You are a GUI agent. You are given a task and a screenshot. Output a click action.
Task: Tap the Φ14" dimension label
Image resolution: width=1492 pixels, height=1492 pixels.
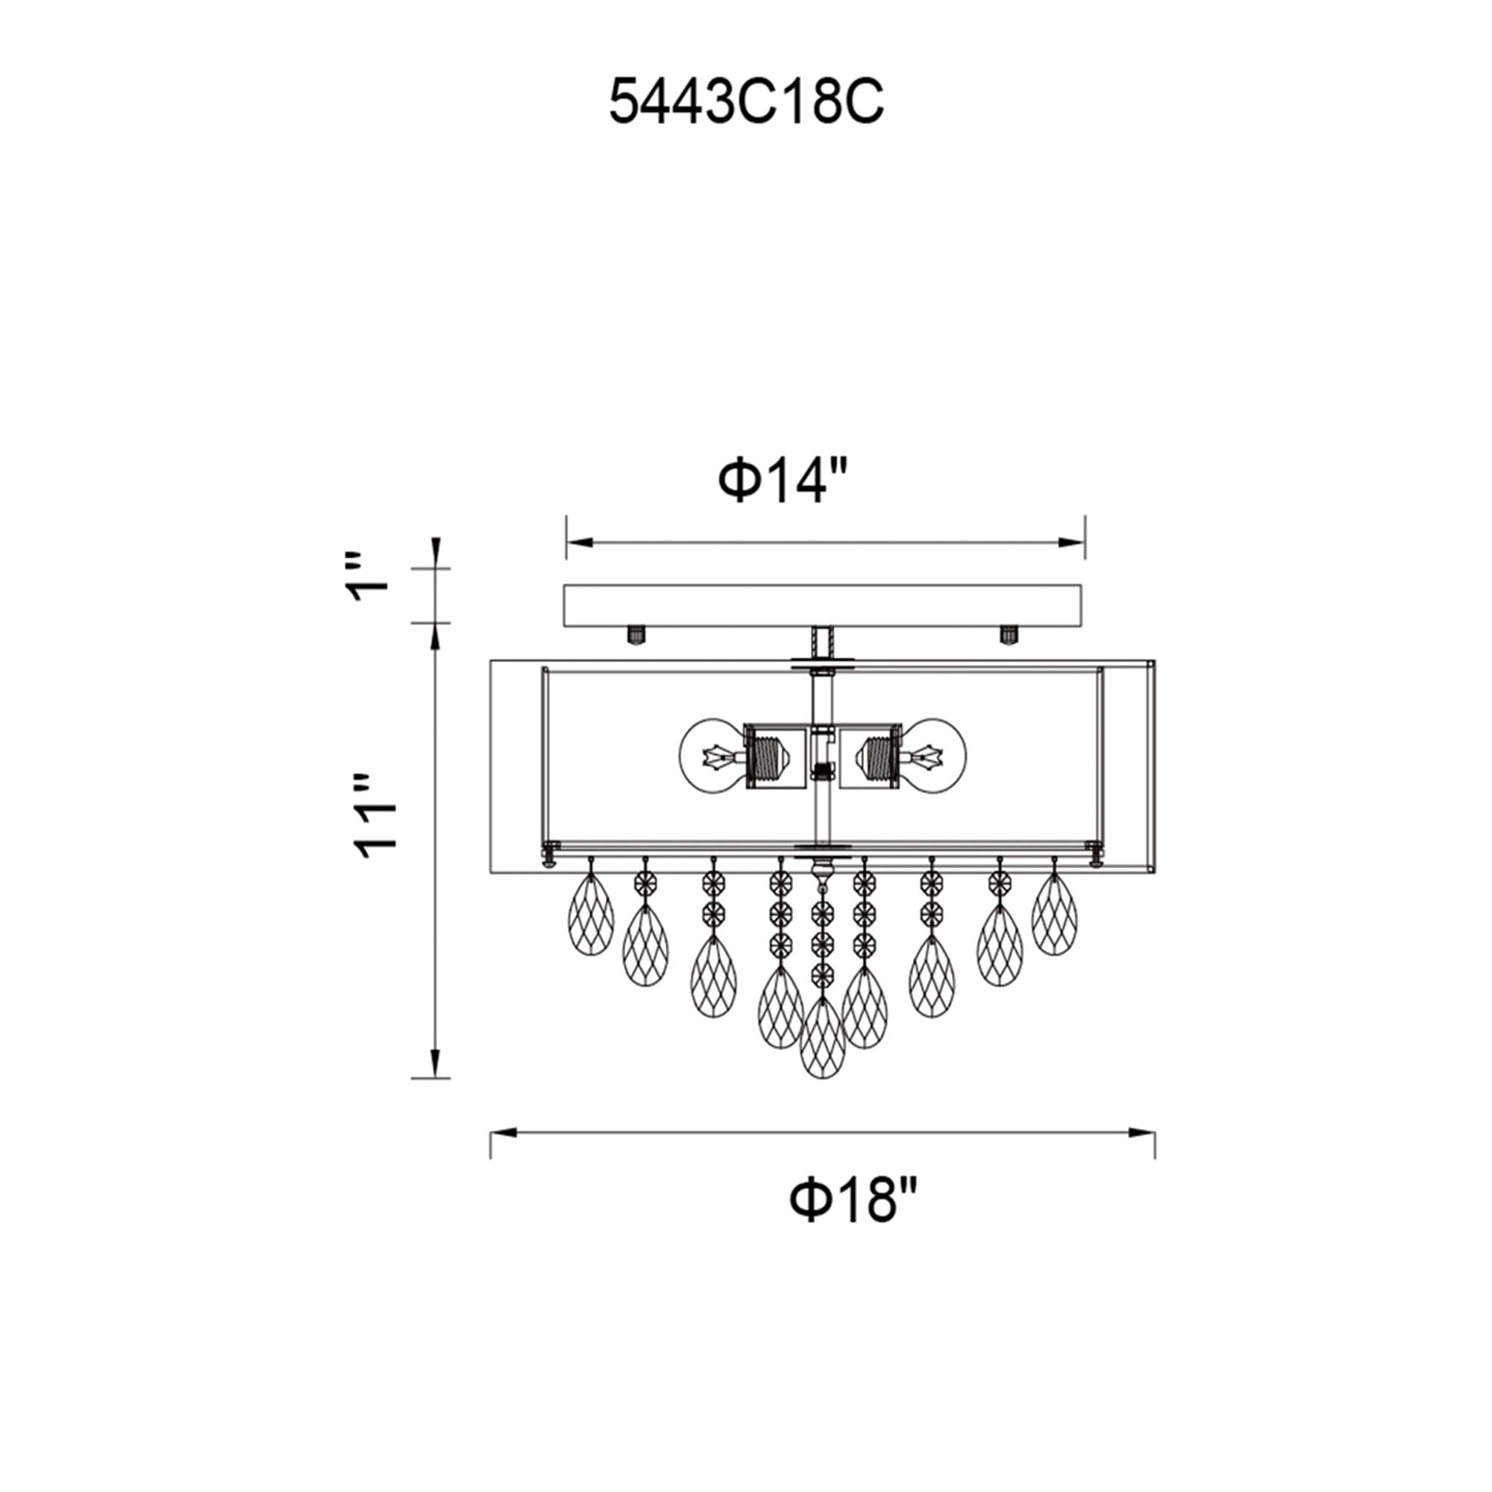pyautogui.click(x=783, y=480)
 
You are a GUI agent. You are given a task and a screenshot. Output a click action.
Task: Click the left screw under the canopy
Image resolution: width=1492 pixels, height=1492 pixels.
pyautogui.click(x=635, y=636)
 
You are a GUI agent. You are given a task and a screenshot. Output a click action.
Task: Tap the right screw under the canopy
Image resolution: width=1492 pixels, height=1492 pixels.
pyautogui.click(x=1009, y=635)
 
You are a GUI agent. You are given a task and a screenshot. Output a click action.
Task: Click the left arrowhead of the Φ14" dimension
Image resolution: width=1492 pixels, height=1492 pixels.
pyautogui.click(x=580, y=544)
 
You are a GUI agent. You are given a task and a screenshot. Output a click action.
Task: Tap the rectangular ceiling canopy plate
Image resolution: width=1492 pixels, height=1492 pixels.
pyautogui.click(x=822, y=604)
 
